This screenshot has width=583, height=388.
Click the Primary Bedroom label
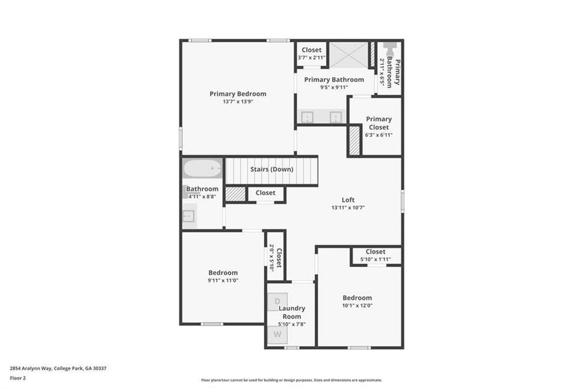(237, 94)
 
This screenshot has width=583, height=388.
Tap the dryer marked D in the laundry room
(278, 301)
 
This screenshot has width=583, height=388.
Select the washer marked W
(278, 334)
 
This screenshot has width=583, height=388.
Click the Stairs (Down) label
(272, 169)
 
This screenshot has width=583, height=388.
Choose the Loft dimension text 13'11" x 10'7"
(348, 208)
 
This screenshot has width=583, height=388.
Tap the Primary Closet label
(379, 123)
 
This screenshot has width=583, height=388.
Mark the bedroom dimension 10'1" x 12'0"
(357, 306)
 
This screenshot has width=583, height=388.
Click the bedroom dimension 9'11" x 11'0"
(223, 281)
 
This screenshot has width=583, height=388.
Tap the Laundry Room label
(291, 312)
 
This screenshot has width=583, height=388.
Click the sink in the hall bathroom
(189, 215)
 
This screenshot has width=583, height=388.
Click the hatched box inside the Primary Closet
(354, 140)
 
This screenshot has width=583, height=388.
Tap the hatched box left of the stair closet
(236, 193)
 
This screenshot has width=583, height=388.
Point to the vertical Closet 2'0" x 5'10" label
(275, 257)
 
